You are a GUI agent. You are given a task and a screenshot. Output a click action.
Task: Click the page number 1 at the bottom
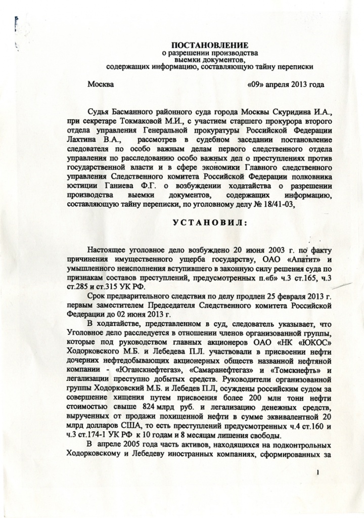(x=318, y=472)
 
